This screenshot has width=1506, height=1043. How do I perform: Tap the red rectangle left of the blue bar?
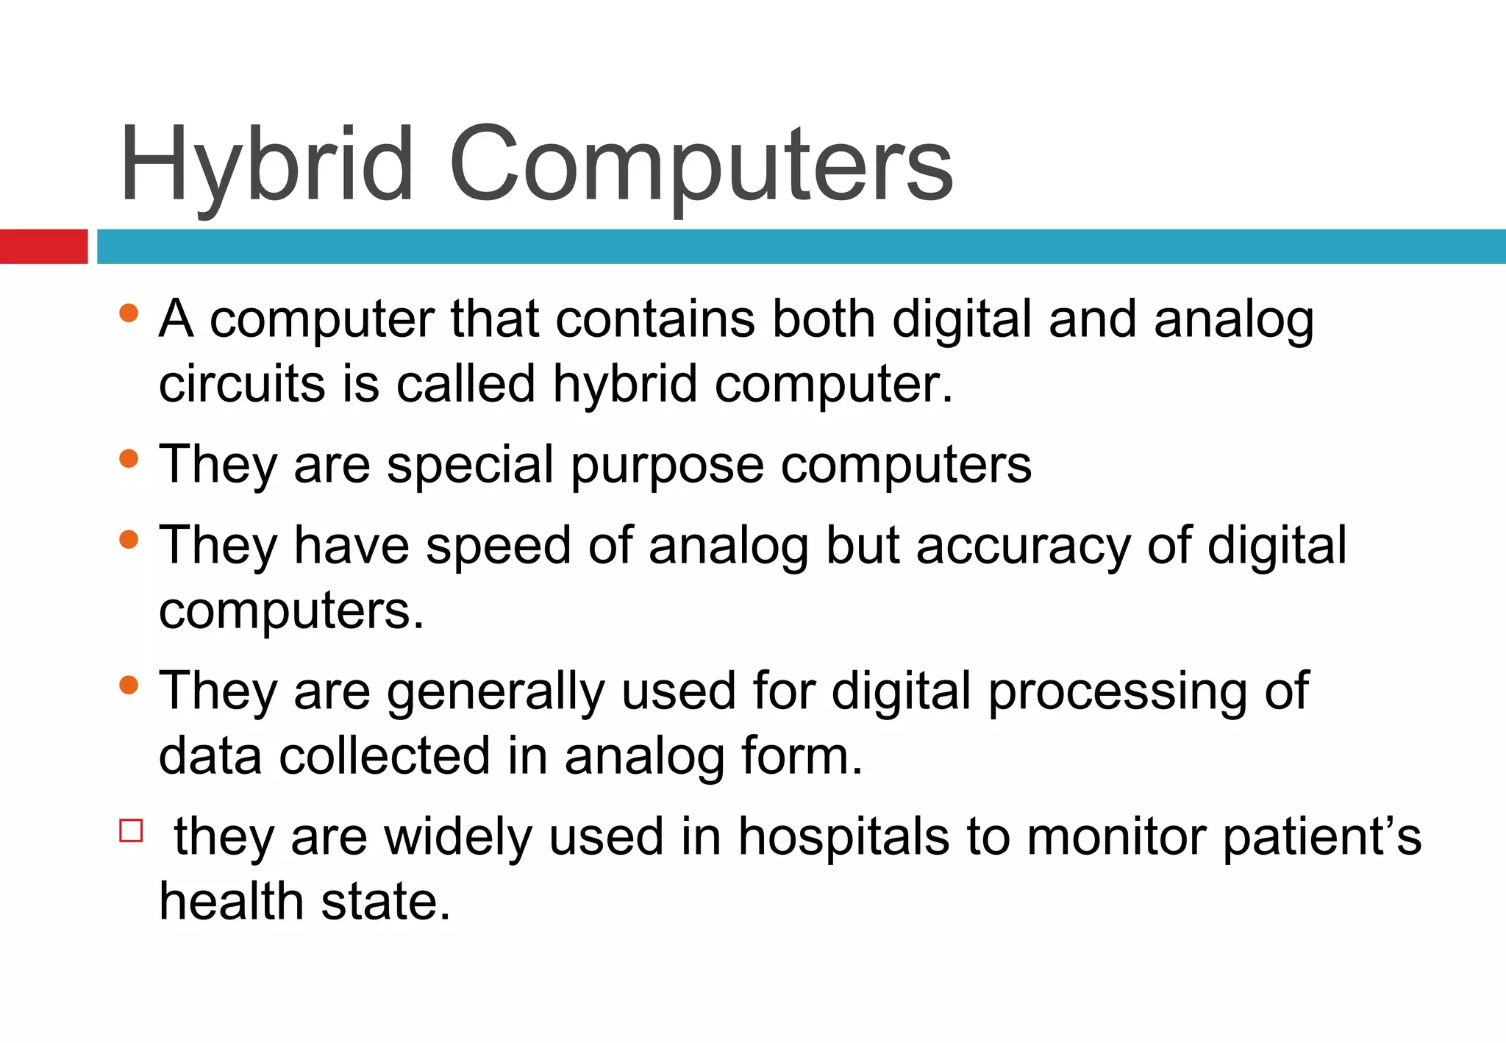[x=43, y=246]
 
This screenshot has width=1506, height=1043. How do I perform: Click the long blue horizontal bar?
[x=800, y=246]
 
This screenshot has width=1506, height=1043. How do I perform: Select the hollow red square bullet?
[x=131, y=830]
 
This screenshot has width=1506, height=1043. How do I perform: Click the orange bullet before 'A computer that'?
[x=129, y=313]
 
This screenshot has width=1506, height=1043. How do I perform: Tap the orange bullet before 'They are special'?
[x=129, y=459]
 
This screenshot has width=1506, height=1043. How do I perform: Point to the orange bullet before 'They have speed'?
[x=129, y=540]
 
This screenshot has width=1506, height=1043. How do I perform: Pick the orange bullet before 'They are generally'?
[x=129, y=686]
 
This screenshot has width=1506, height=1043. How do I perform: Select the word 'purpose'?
[x=667, y=466]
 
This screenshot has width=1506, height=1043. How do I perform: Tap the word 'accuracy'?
[x=1023, y=547]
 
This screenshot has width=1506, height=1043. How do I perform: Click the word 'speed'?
[x=498, y=547]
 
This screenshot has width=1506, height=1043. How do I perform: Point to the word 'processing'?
[x=1117, y=693]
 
